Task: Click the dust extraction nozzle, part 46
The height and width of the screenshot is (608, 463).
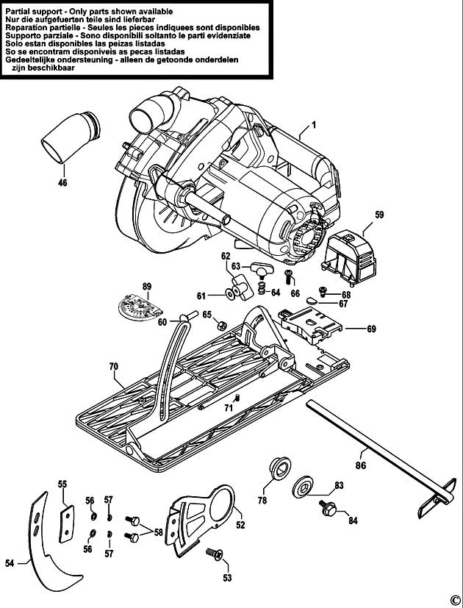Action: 71,137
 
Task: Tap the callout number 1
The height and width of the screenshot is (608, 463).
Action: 313,126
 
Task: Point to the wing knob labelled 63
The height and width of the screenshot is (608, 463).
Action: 261,268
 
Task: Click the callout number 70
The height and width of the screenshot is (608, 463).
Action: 113,365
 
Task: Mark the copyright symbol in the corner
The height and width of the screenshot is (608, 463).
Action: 454,599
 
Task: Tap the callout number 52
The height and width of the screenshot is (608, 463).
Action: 240,525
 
